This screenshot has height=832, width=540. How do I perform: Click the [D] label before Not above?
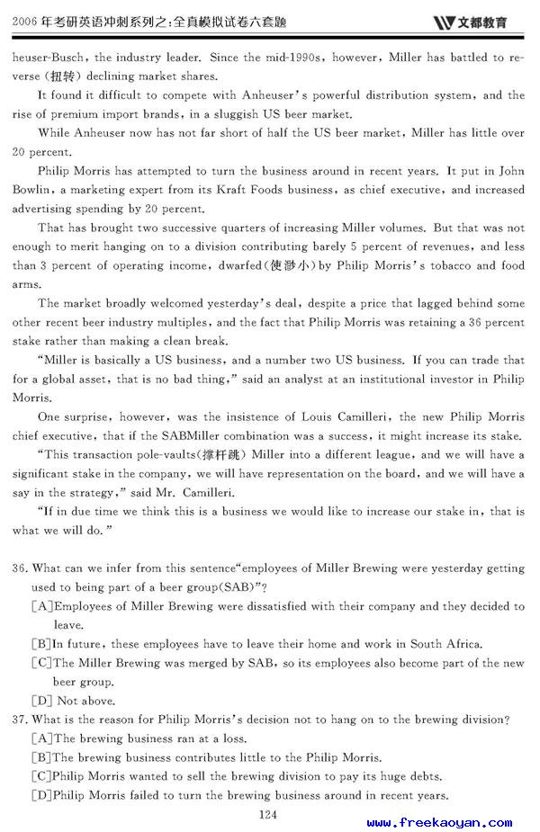pos(40,701)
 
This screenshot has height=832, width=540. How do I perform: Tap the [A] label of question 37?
pos(41,738)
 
